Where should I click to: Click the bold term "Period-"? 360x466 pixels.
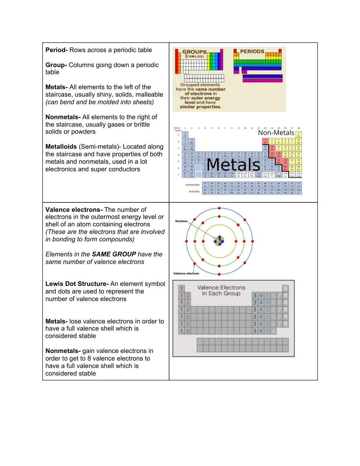(x=56, y=50)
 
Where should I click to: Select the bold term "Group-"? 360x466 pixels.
(x=56, y=65)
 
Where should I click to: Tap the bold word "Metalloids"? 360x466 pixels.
(x=61, y=146)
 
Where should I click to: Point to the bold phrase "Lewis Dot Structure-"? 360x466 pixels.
(x=77, y=284)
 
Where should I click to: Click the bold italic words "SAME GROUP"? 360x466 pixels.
(x=114, y=254)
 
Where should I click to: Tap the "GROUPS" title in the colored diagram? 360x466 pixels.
(x=194, y=52)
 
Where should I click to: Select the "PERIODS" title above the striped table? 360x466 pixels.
(x=252, y=52)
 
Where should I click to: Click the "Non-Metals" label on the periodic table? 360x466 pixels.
(x=276, y=133)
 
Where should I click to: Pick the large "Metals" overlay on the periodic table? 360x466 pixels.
(x=234, y=165)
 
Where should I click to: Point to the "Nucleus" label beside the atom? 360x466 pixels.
(x=181, y=221)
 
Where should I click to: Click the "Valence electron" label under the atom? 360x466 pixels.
(x=186, y=273)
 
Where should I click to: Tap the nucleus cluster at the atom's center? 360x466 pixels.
(x=219, y=241)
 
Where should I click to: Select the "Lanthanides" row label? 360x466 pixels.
(x=192, y=185)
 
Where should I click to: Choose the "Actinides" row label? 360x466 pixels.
(x=194, y=191)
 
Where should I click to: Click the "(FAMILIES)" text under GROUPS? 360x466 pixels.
(x=195, y=57)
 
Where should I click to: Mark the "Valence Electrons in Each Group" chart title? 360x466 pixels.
(x=221, y=290)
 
